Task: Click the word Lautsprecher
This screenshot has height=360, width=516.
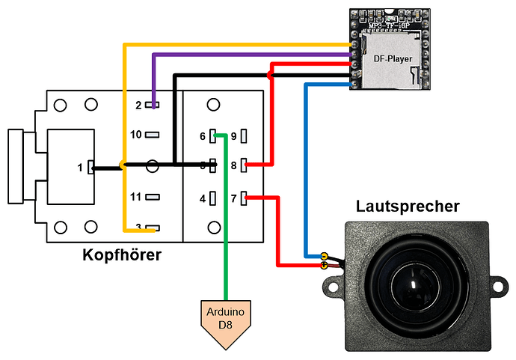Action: tap(408, 206)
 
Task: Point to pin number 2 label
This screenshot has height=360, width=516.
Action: tap(138, 106)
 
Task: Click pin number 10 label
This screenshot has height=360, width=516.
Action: tap(135, 135)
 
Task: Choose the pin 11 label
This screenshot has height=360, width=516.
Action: tap(135, 198)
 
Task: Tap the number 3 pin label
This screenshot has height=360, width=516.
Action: tap(138, 228)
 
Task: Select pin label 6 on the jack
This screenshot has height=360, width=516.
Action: tap(202, 136)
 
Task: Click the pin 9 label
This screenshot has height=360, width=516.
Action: tap(233, 136)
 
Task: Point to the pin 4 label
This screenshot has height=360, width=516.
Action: tap(202, 198)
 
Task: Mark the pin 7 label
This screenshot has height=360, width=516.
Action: tap(233, 198)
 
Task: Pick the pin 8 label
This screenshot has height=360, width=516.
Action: tap(233, 165)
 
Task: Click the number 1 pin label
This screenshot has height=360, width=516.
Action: tap(79, 168)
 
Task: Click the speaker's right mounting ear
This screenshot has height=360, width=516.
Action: tap(497, 284)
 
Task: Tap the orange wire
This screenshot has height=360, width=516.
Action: tap(123, 112)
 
